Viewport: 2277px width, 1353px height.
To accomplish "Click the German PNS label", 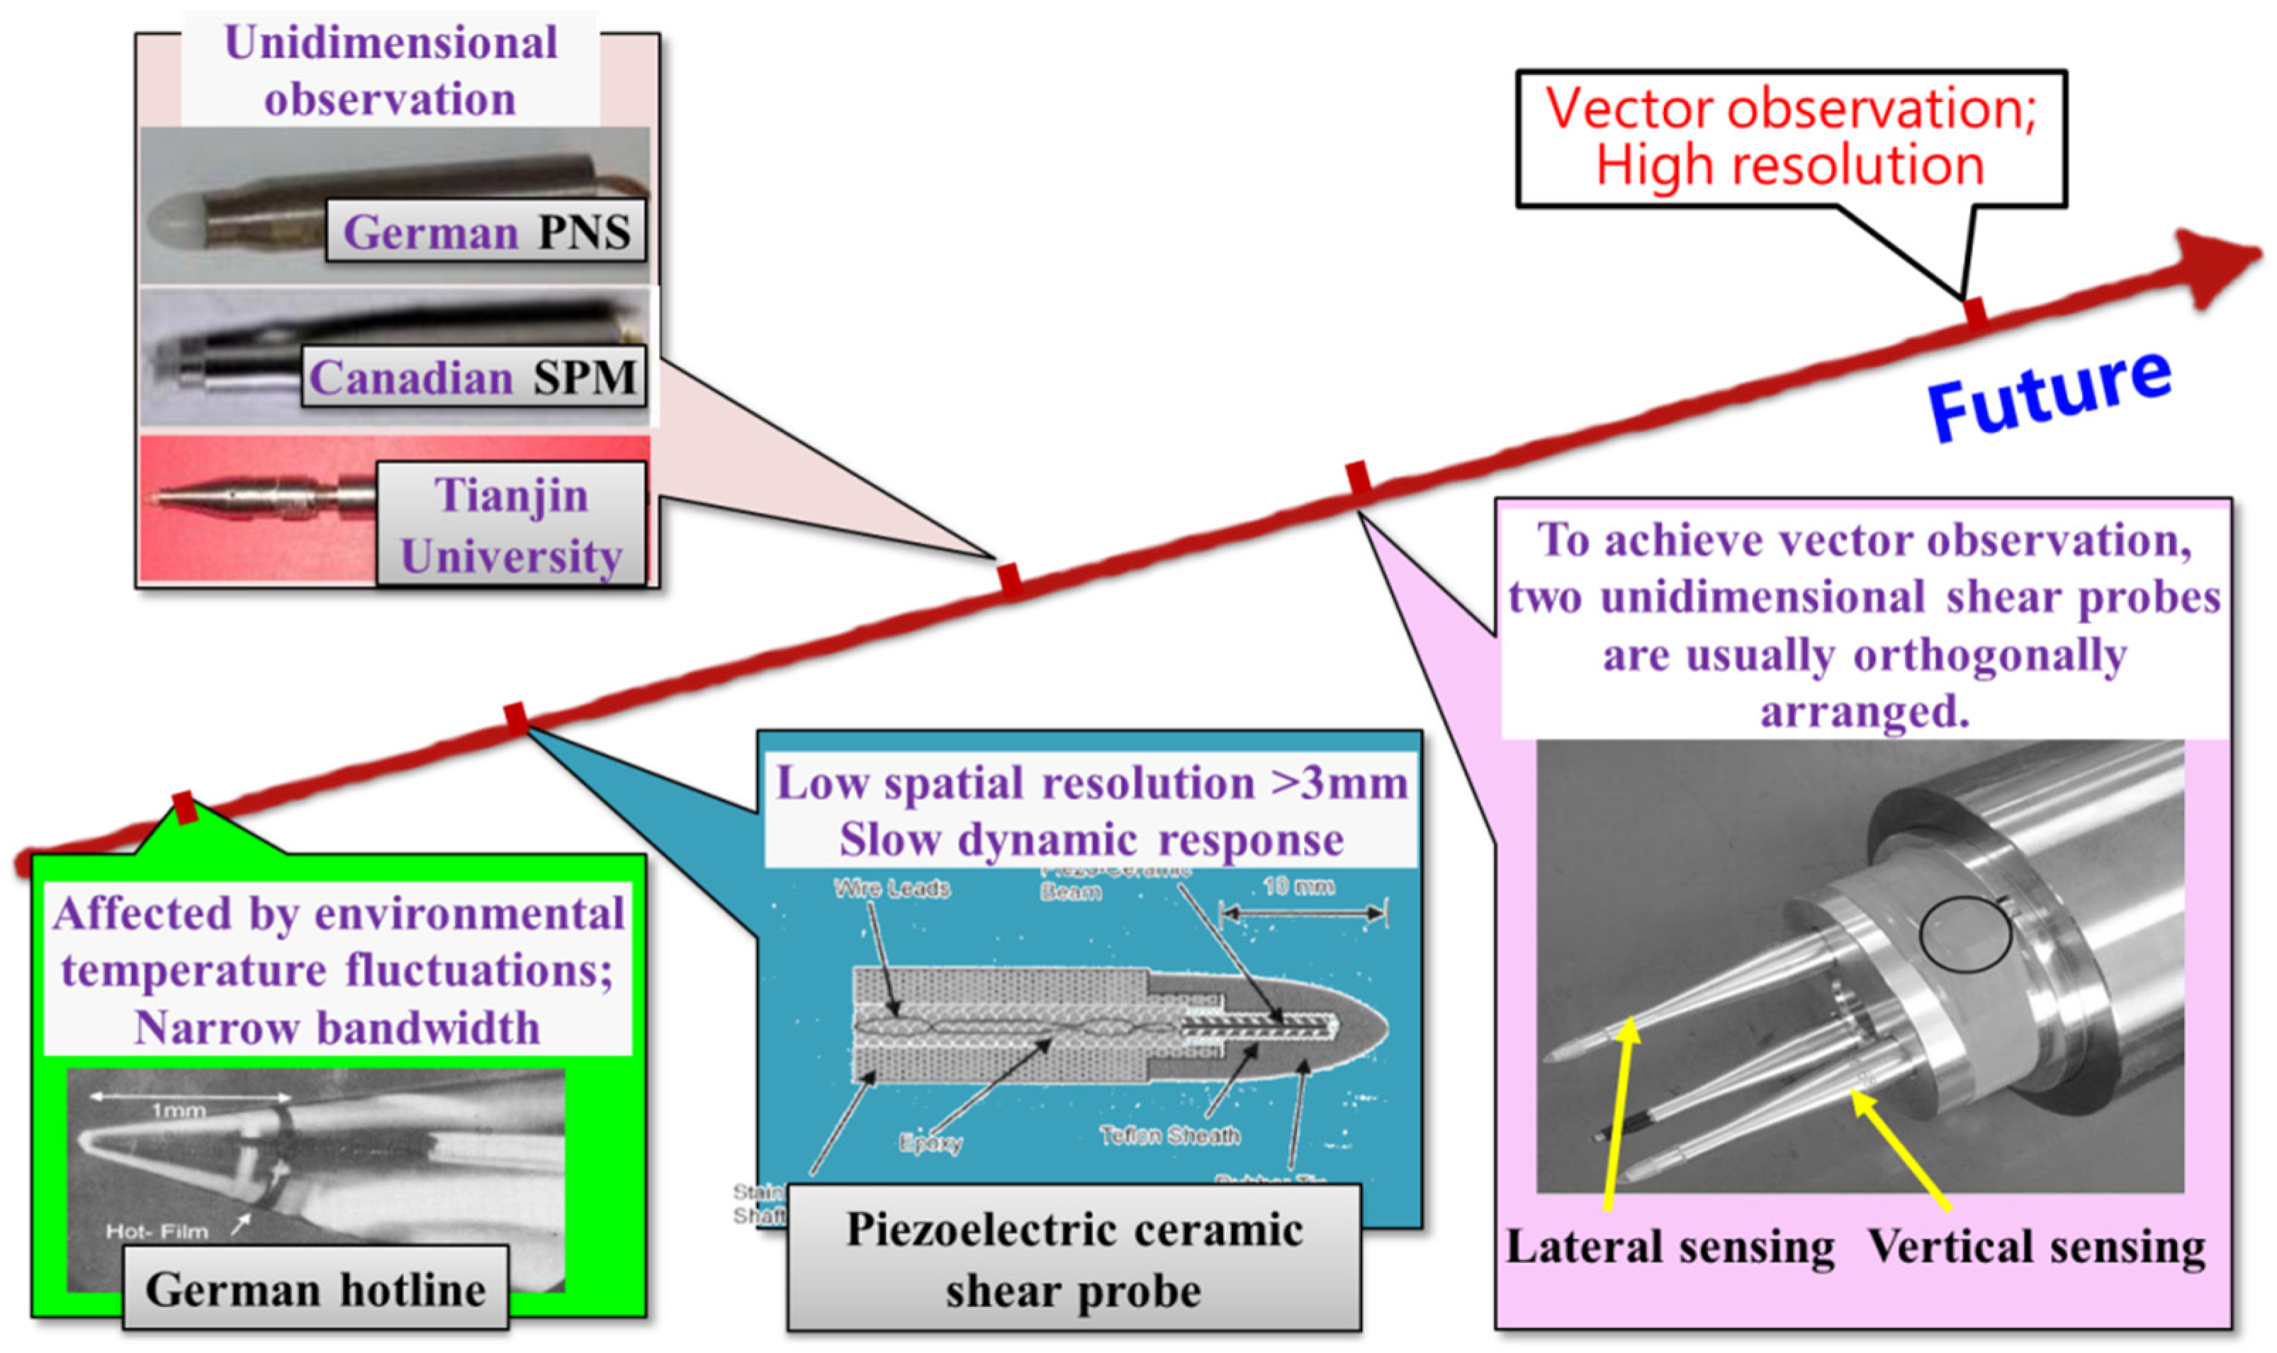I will click(486, 232).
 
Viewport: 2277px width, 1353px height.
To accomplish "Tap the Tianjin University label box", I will click(511, 525).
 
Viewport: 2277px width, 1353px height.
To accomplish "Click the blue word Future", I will click(2048, 397).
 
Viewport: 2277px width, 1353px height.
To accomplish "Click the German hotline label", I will click(315, 1289).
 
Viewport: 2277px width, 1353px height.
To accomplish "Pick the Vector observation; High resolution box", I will click(1791, 137).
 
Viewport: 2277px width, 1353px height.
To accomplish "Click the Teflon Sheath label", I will click(1170, 1135).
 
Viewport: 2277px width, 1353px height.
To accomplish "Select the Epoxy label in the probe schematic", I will click(930, 1143).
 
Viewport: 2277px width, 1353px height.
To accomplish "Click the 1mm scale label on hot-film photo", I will click(178, 1111).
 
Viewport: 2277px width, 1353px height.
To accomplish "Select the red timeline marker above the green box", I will click(185, 808).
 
